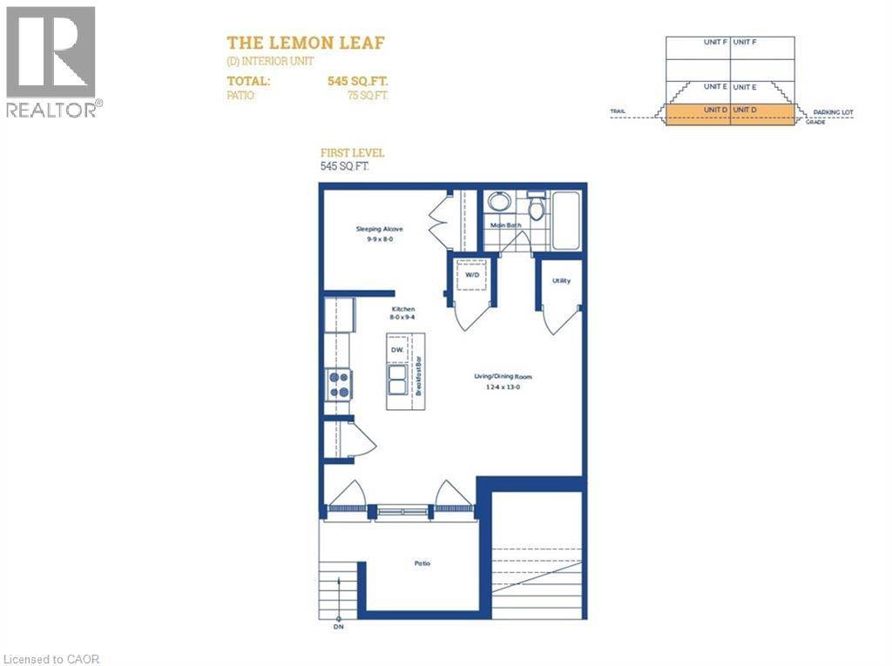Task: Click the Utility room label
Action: coord(561,280)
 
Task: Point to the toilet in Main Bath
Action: coord(536,207)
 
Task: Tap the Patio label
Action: coord(422,563)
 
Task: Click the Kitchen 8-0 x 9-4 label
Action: coord(402,314)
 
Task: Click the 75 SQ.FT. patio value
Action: coord(368,96)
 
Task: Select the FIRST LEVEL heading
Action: coord(353,152)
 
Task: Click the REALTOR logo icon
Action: coord(51,52)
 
